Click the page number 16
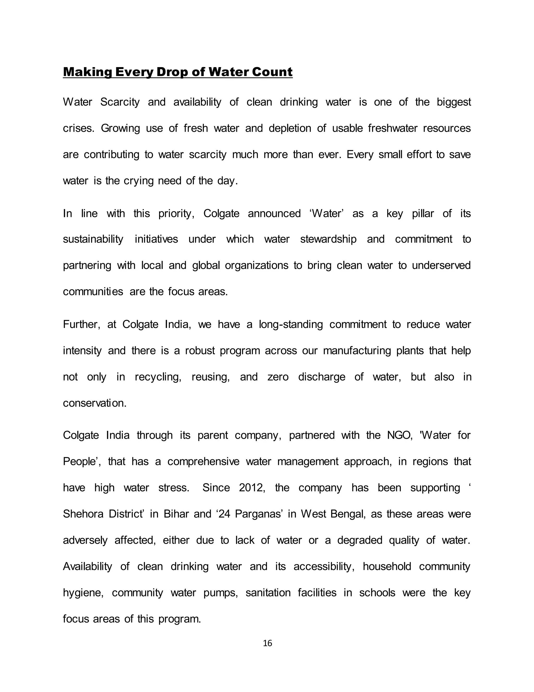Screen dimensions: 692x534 point(267,643)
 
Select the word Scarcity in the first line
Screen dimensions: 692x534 point(120,102)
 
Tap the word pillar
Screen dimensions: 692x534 point(423,214)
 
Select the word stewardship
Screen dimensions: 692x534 point(328,239)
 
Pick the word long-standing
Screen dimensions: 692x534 point(290,324)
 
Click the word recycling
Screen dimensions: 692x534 point(158,377)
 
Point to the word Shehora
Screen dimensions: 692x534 point(83,514)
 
